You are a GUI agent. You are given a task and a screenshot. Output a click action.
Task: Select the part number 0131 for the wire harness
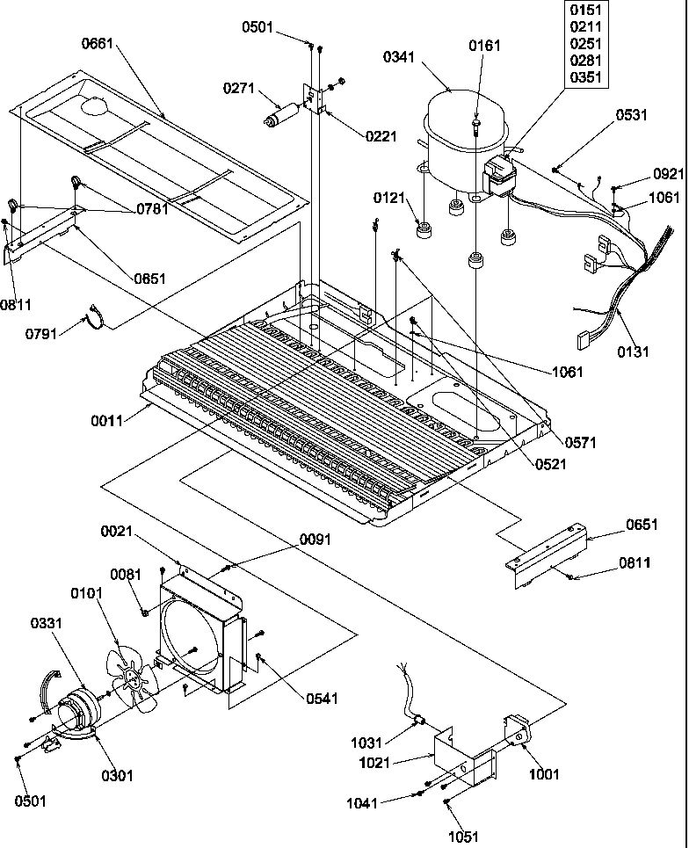[634, 352]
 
